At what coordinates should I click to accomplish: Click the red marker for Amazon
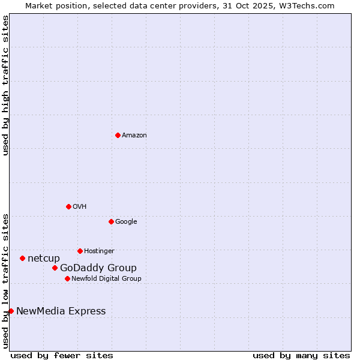118,135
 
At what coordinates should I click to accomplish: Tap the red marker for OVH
68,206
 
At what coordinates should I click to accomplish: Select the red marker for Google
111,221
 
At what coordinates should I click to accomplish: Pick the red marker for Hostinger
80,251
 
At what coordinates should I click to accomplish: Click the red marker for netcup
22,258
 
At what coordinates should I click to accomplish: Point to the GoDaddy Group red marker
55,268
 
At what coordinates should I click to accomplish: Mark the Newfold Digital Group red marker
67,278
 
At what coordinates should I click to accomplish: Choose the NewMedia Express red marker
11,311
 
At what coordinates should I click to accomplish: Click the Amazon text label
134,136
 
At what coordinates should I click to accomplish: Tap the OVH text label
80,207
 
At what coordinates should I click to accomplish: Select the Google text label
126,222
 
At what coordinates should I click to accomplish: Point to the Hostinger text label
99,251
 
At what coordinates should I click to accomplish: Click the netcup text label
44,259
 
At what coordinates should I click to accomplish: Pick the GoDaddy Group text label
98,268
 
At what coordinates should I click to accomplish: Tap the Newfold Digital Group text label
106,279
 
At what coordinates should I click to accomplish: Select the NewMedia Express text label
61,311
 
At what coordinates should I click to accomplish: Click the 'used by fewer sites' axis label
62,355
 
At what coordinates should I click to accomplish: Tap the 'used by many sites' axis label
301,355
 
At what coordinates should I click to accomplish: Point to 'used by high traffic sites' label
5,85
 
